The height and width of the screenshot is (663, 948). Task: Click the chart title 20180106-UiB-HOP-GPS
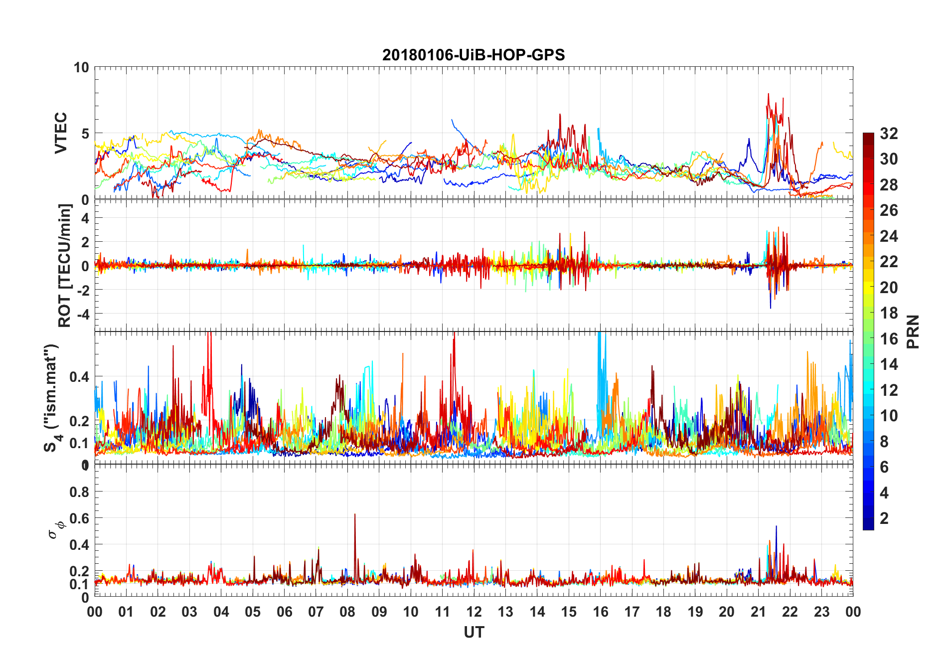point(474,55)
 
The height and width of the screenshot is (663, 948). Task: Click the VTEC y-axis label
point(60,133)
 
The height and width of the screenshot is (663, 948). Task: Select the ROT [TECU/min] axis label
point(64,265)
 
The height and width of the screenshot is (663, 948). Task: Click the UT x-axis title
point(474,633)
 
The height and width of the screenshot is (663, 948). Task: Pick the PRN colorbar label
point(913,331)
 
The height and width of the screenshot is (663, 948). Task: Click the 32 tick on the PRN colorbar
point(889,134)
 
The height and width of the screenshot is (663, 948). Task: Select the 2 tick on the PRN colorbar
point(884,518)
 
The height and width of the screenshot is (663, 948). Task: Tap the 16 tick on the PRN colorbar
point(889,339)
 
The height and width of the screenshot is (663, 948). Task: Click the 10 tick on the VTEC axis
point(81,67)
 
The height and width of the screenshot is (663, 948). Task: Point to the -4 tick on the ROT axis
point(81,314)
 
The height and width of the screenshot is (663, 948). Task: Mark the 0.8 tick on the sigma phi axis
point(79,492)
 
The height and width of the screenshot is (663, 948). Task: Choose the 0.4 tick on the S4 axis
point(79,377)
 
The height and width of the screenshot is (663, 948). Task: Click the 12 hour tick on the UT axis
point(474,612)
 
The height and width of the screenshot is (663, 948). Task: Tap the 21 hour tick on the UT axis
point(758,612)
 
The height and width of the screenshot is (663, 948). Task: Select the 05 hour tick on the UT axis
point(253,612)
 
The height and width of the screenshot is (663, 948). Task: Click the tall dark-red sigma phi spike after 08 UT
point(355,515)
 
